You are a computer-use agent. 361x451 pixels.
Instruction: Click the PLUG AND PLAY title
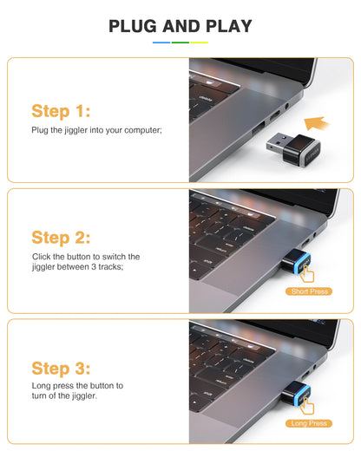180,26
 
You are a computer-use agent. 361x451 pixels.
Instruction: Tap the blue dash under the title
161,42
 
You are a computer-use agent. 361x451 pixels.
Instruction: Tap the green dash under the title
180,42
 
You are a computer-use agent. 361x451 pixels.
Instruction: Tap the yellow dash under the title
200,42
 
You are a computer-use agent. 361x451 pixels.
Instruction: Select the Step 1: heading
61,111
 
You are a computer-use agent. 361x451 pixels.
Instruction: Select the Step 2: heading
61,237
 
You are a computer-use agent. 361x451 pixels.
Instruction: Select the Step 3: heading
61,367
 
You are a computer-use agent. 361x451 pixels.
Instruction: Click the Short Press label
310,291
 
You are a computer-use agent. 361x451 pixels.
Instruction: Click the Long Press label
310,423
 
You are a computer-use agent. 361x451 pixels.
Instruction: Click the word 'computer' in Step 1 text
144,130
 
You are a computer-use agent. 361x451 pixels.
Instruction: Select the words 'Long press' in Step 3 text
52,385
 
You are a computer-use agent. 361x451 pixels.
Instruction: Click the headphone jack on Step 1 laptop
310,106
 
